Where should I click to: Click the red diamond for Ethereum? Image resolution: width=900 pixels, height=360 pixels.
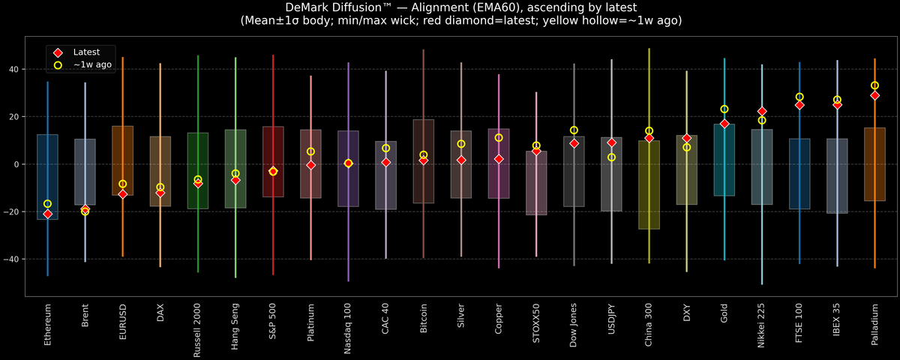[47, 214]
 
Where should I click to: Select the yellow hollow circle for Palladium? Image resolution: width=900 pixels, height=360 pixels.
[874, 85]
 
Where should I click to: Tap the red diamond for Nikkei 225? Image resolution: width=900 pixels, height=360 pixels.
[762, 112]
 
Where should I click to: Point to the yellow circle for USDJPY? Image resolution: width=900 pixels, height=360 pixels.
[611, 157]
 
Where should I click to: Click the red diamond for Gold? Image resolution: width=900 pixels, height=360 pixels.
[724, 124]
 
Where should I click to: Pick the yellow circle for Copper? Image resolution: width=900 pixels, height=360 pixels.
[499, 138]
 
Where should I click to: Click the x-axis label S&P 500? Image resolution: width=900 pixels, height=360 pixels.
[273, 323]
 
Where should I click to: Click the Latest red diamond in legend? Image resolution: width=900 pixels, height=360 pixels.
[58, 52]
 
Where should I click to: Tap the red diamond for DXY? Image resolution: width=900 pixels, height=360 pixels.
[686, 139]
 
